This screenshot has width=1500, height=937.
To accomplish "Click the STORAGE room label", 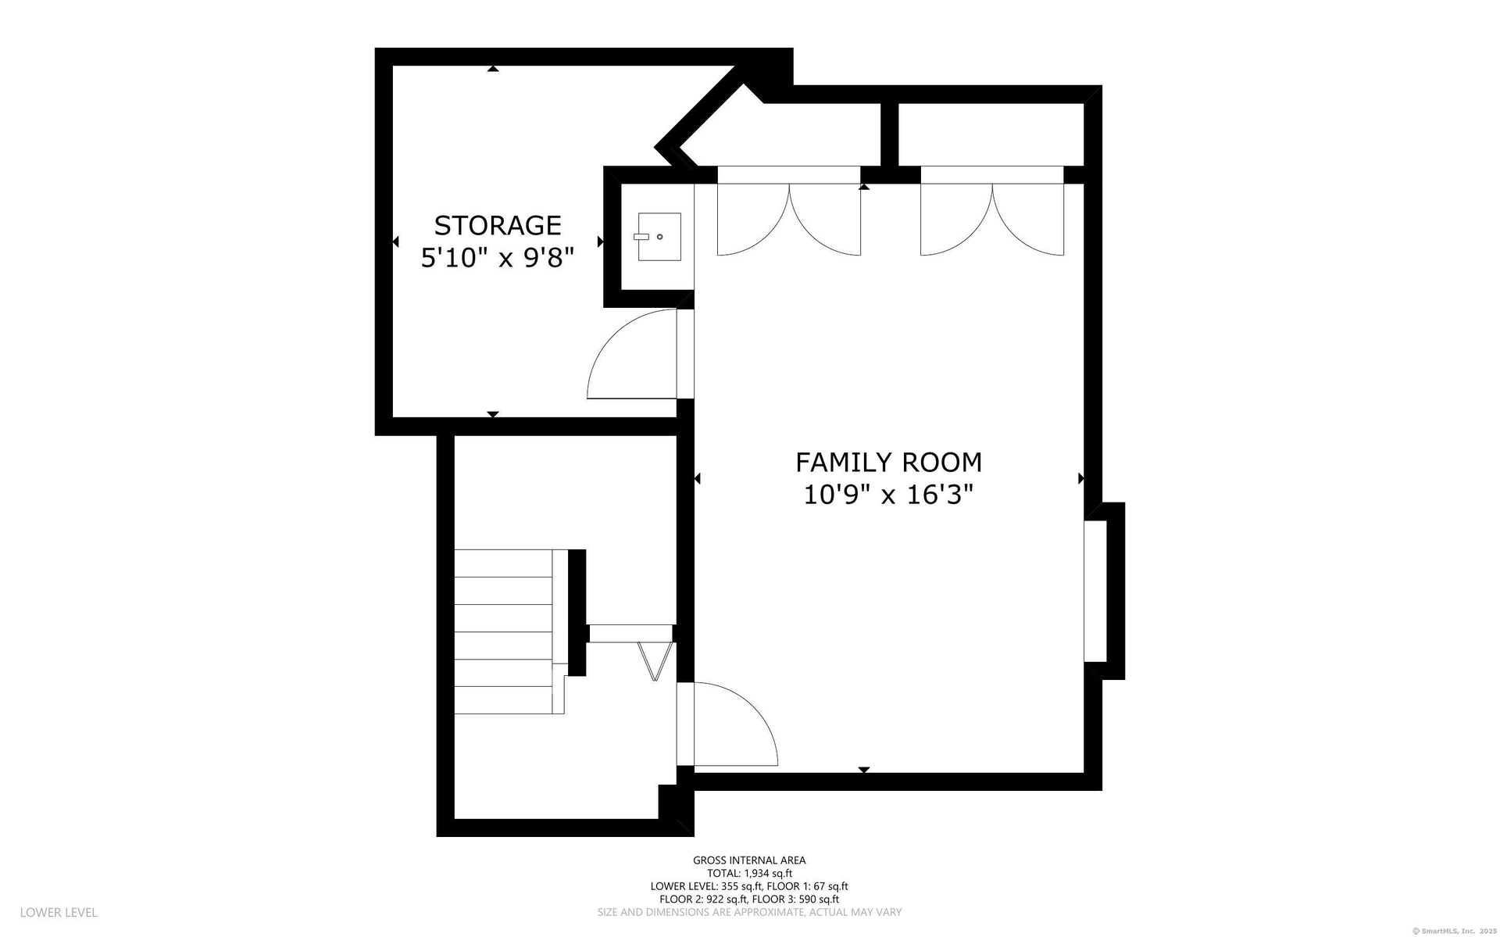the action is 498,225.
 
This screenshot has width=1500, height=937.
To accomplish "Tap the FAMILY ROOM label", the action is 888,463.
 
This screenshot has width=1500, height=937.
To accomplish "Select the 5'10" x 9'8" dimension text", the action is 498,257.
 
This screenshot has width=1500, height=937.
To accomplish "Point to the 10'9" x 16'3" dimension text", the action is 888,495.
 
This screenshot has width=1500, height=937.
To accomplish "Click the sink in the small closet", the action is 659,236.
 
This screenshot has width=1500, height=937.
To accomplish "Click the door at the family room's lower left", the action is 734,724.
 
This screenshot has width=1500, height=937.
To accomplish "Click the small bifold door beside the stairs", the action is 655,661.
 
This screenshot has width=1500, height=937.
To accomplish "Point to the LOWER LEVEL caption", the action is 59,912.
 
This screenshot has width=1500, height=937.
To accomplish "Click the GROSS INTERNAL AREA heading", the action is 749,860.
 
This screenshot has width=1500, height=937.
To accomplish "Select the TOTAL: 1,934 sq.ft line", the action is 749,874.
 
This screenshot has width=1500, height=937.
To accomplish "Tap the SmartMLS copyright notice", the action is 1454,931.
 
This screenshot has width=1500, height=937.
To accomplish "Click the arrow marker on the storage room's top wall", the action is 493,69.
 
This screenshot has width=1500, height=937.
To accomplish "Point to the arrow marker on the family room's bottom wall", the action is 864,771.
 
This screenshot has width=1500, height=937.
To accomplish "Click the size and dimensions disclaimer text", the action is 749,912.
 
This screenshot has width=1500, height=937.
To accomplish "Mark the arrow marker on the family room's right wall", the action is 1081,478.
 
